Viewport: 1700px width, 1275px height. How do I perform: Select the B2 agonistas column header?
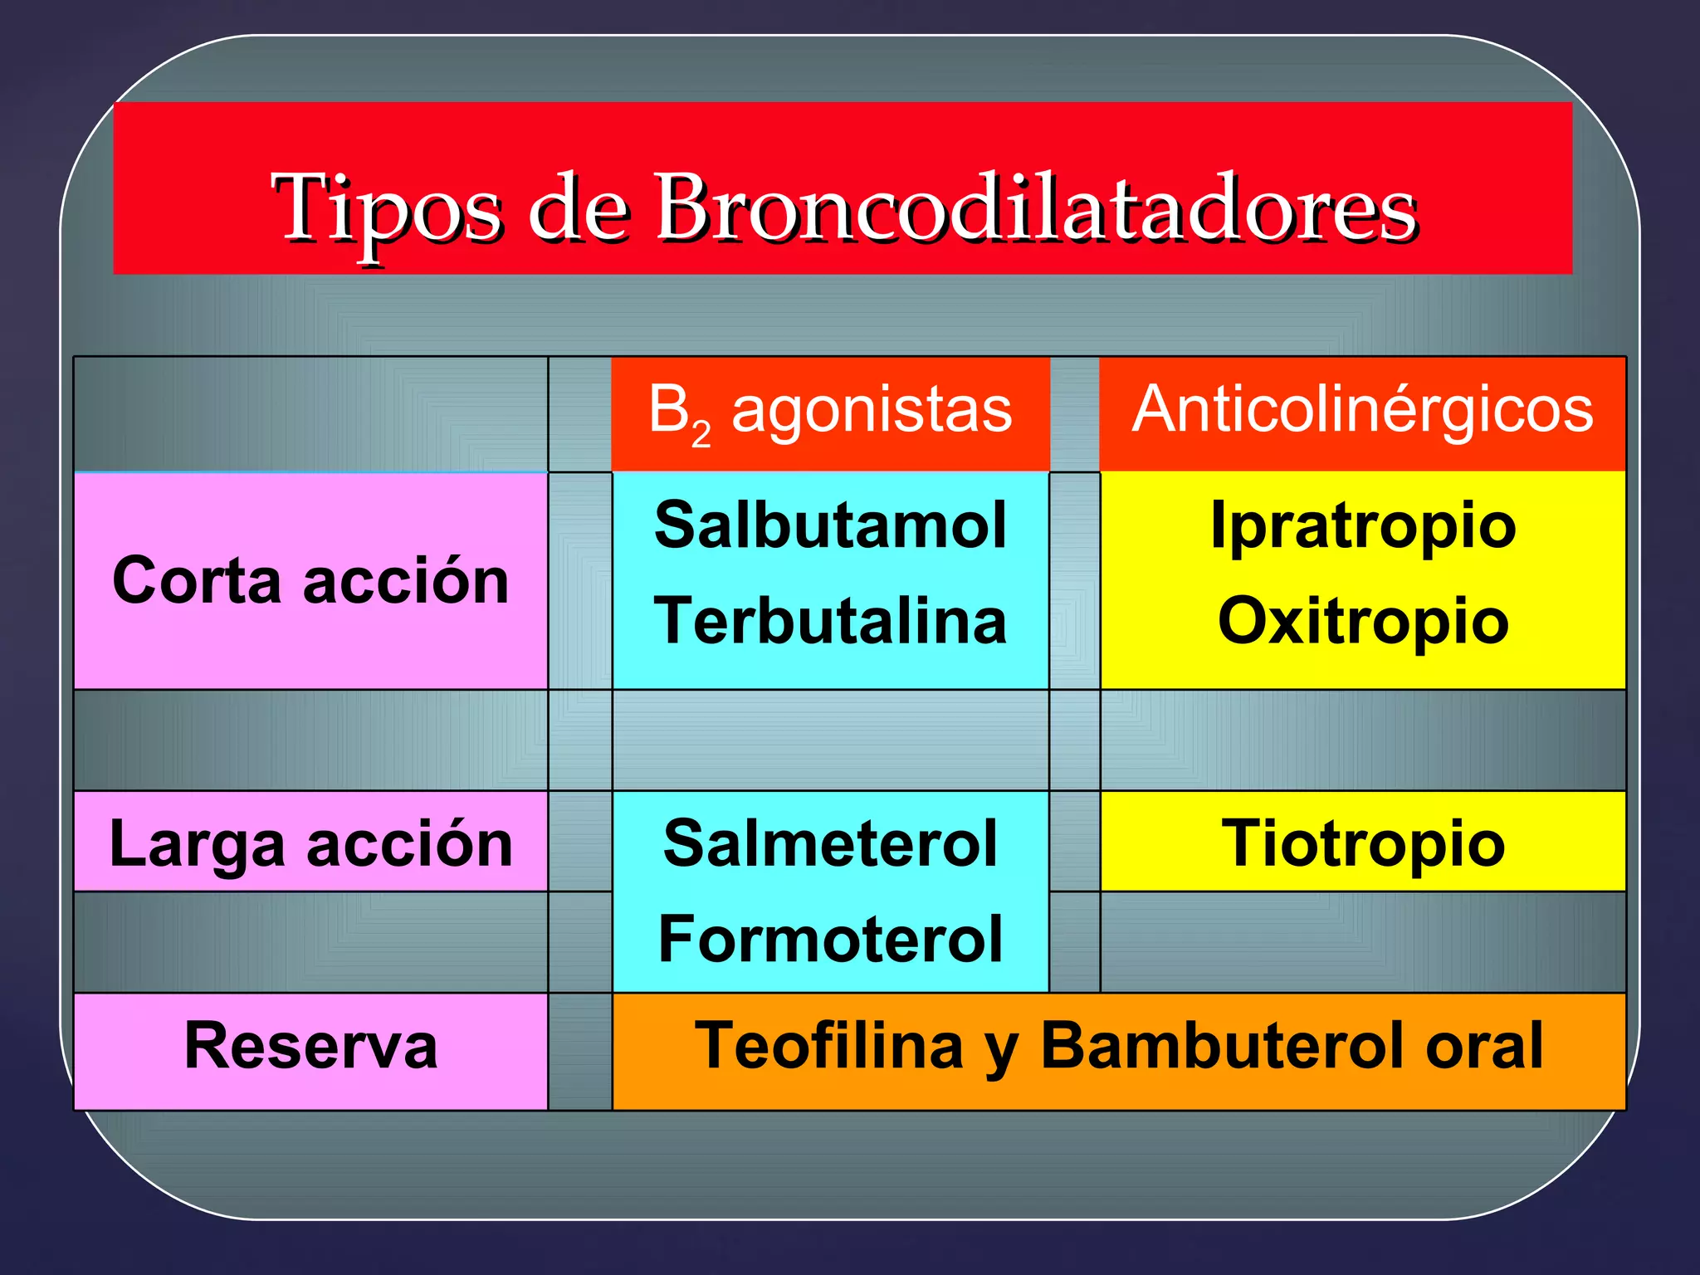[830, 412]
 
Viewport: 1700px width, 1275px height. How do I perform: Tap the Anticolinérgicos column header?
[1362, 410]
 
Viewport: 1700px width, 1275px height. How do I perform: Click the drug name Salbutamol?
[830, 526]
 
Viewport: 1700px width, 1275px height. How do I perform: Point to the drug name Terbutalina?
[830, 621]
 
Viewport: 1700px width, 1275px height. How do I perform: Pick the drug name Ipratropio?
[1363, 526]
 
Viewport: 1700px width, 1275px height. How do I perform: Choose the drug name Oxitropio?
[1363, 621]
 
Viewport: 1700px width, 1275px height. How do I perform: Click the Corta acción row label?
[310, 581]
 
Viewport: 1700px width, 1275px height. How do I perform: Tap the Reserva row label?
[310, 1046]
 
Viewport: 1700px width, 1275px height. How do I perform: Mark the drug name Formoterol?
[830, 939]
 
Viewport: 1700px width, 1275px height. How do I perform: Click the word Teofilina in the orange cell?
[829, 1046]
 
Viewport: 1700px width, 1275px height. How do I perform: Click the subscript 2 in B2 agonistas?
[701, 434]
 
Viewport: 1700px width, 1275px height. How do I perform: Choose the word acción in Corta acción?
[406, 581]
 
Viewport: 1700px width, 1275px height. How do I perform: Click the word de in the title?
[578, 209]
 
